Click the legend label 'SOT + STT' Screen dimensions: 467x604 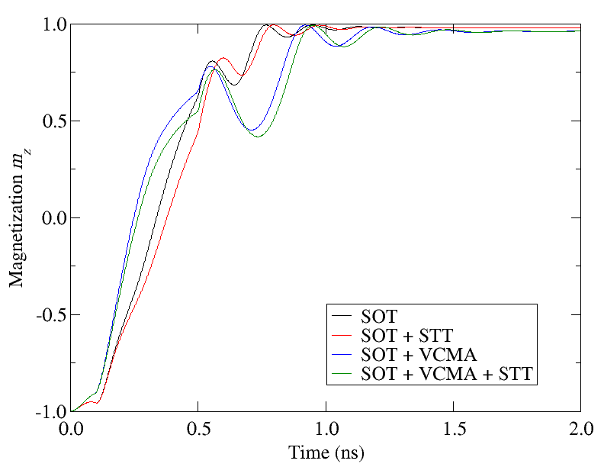point(406,334)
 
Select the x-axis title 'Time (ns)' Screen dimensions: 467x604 point(326,453)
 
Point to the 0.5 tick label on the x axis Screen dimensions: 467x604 point(198,428)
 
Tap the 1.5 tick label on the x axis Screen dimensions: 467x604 point(453,428)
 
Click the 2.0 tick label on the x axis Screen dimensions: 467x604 point(580,428)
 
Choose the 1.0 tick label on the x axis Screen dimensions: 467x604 point(326,428)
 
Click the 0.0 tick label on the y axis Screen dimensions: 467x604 point(52,218)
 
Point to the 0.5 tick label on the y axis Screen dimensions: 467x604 point(52,121)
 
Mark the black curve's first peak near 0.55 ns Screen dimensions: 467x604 point(211,61)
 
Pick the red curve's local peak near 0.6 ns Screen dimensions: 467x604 point(223,58)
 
